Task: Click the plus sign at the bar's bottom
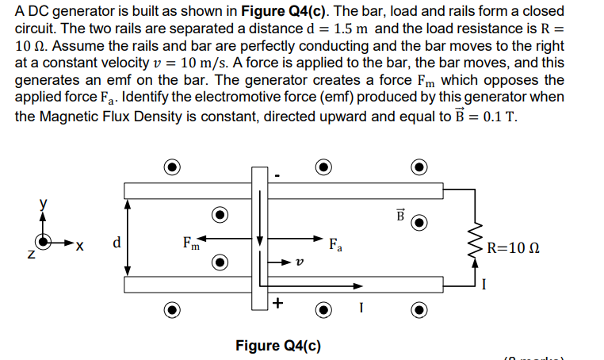[x=277, y=303]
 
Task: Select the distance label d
[x=117, y=242]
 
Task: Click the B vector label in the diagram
[x=399, y=215]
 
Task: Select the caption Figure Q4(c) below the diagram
[x=278, y=345]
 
